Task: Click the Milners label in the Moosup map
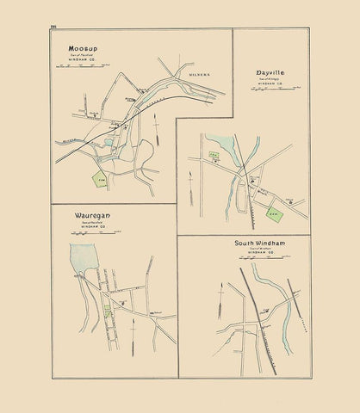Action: pos(200,76)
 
